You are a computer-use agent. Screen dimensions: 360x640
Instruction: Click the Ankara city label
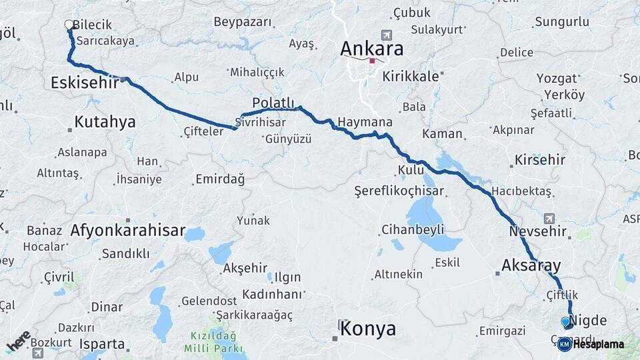[x=371, y=49]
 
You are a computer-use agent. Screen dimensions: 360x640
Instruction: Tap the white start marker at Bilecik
[x=69, y=25]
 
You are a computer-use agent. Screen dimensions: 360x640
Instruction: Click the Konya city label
[x=367, y=329]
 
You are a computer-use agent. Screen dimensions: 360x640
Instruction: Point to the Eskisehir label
[x=84, y=82]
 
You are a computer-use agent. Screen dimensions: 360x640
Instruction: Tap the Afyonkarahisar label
[x=127, y=231]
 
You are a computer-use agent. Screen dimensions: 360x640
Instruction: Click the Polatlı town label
[x=273, y=102]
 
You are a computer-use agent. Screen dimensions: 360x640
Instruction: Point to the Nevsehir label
[x=537, y=231]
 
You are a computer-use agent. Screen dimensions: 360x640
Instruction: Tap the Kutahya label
[x=105, y=121]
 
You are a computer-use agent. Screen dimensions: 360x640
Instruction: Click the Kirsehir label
[x=539, y=160]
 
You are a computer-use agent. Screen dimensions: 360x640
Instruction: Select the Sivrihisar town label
[x=261, y=123]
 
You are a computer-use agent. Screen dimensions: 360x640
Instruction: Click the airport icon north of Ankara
[x=385, y=35]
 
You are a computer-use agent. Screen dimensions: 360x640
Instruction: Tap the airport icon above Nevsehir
[x=549, y=218]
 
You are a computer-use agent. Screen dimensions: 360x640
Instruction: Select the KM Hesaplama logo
[x=591, y=344]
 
